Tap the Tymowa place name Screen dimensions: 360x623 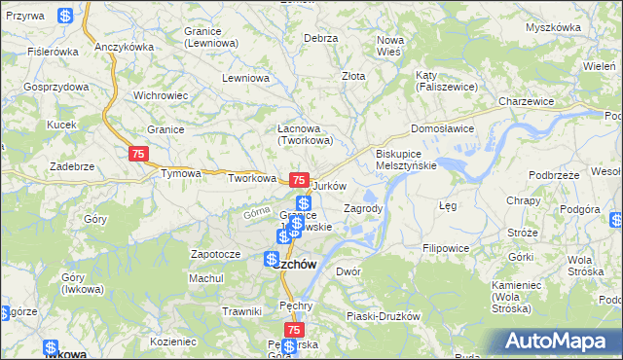[x=181, y=174]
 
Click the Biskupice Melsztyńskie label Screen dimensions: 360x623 [x=406, y=160]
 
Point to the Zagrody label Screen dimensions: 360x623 [x=363, y=208]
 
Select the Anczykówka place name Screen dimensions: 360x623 [x=126, y=47]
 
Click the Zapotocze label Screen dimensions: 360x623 [x=215, y=254]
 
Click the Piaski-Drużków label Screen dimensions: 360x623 [x=383, y=316]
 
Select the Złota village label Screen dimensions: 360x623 [x=353, y=75]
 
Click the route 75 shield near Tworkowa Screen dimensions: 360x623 [x=299, y=181]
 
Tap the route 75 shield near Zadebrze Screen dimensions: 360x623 [x=138, y=154]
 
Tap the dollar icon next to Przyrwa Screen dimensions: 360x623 [x=64, y=17]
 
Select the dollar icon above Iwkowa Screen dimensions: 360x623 [x=50, y=347]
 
